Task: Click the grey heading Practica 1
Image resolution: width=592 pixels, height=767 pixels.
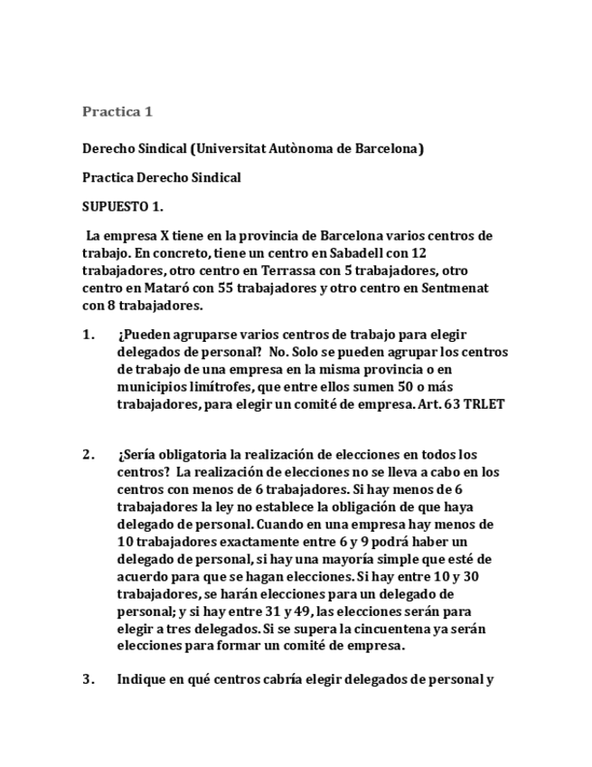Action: tap(117, 112)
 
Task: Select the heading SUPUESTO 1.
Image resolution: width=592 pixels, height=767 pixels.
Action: tap(123, 206)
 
